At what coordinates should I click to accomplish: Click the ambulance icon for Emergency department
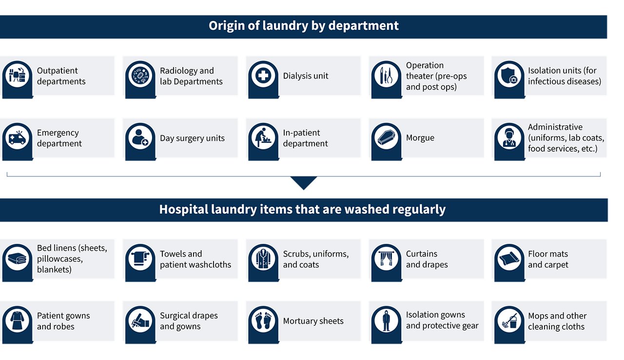(17, 138)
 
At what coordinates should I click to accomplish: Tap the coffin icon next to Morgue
(386, 138)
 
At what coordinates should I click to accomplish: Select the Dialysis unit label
(306, 76)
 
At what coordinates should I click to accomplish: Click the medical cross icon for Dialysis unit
(263, 76)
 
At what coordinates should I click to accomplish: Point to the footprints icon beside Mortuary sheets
(263, 321)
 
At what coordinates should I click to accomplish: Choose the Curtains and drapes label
(427, 259)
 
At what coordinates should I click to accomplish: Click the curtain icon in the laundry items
(386, 259)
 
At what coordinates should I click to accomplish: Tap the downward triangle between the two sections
(303, 182)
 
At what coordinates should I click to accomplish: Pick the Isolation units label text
(564, 76)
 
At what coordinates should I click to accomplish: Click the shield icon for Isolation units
(509, 76)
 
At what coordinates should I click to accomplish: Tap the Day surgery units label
(192, 138)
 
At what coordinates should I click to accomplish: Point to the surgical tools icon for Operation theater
(386, 76)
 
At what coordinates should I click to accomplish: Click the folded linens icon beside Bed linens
(17, 259)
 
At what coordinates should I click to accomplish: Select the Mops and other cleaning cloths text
(557, 321)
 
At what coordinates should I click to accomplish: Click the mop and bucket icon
(509, 321)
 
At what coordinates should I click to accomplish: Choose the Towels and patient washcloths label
(195, 259)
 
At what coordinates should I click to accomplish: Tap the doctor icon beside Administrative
(509, 138)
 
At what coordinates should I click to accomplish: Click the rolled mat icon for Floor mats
(509, 259)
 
